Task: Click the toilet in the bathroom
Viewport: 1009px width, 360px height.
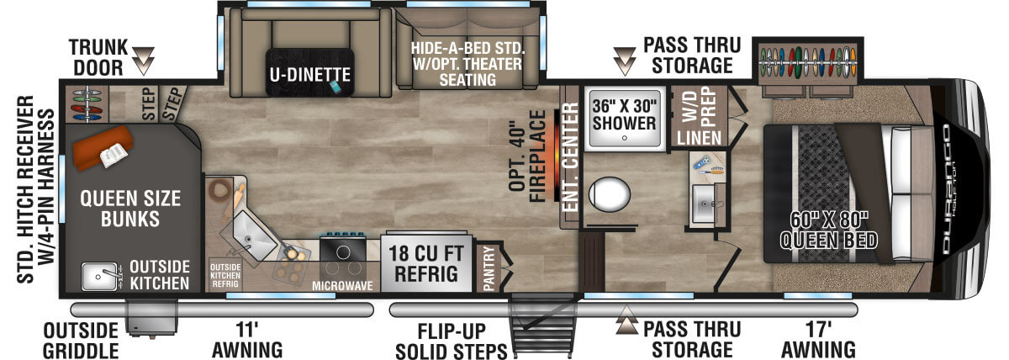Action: click(609, 194)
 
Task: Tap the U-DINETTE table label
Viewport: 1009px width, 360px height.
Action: click(310, 74)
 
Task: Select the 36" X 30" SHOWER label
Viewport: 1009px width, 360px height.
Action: click(624, 114)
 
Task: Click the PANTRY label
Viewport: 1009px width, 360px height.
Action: click(489, 267)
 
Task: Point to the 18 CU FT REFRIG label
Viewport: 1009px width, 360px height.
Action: click(425, 264)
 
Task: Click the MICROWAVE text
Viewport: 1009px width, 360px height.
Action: click(342, 286)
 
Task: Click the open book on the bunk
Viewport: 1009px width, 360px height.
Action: click(113, 156)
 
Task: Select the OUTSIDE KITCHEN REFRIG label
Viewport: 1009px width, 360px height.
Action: click(225, 275)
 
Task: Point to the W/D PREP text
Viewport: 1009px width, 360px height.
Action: click(699, 106)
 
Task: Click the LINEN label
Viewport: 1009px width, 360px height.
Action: click(699, 138)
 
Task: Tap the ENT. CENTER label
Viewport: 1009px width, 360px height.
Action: click(571, 156)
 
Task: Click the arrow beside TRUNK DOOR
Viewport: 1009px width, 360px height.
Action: click(144, 61)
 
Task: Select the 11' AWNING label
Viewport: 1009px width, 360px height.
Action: click(247, 340)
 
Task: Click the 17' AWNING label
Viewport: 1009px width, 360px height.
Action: click(818, 340)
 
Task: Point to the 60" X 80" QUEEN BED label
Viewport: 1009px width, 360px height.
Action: click(829, 230)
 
